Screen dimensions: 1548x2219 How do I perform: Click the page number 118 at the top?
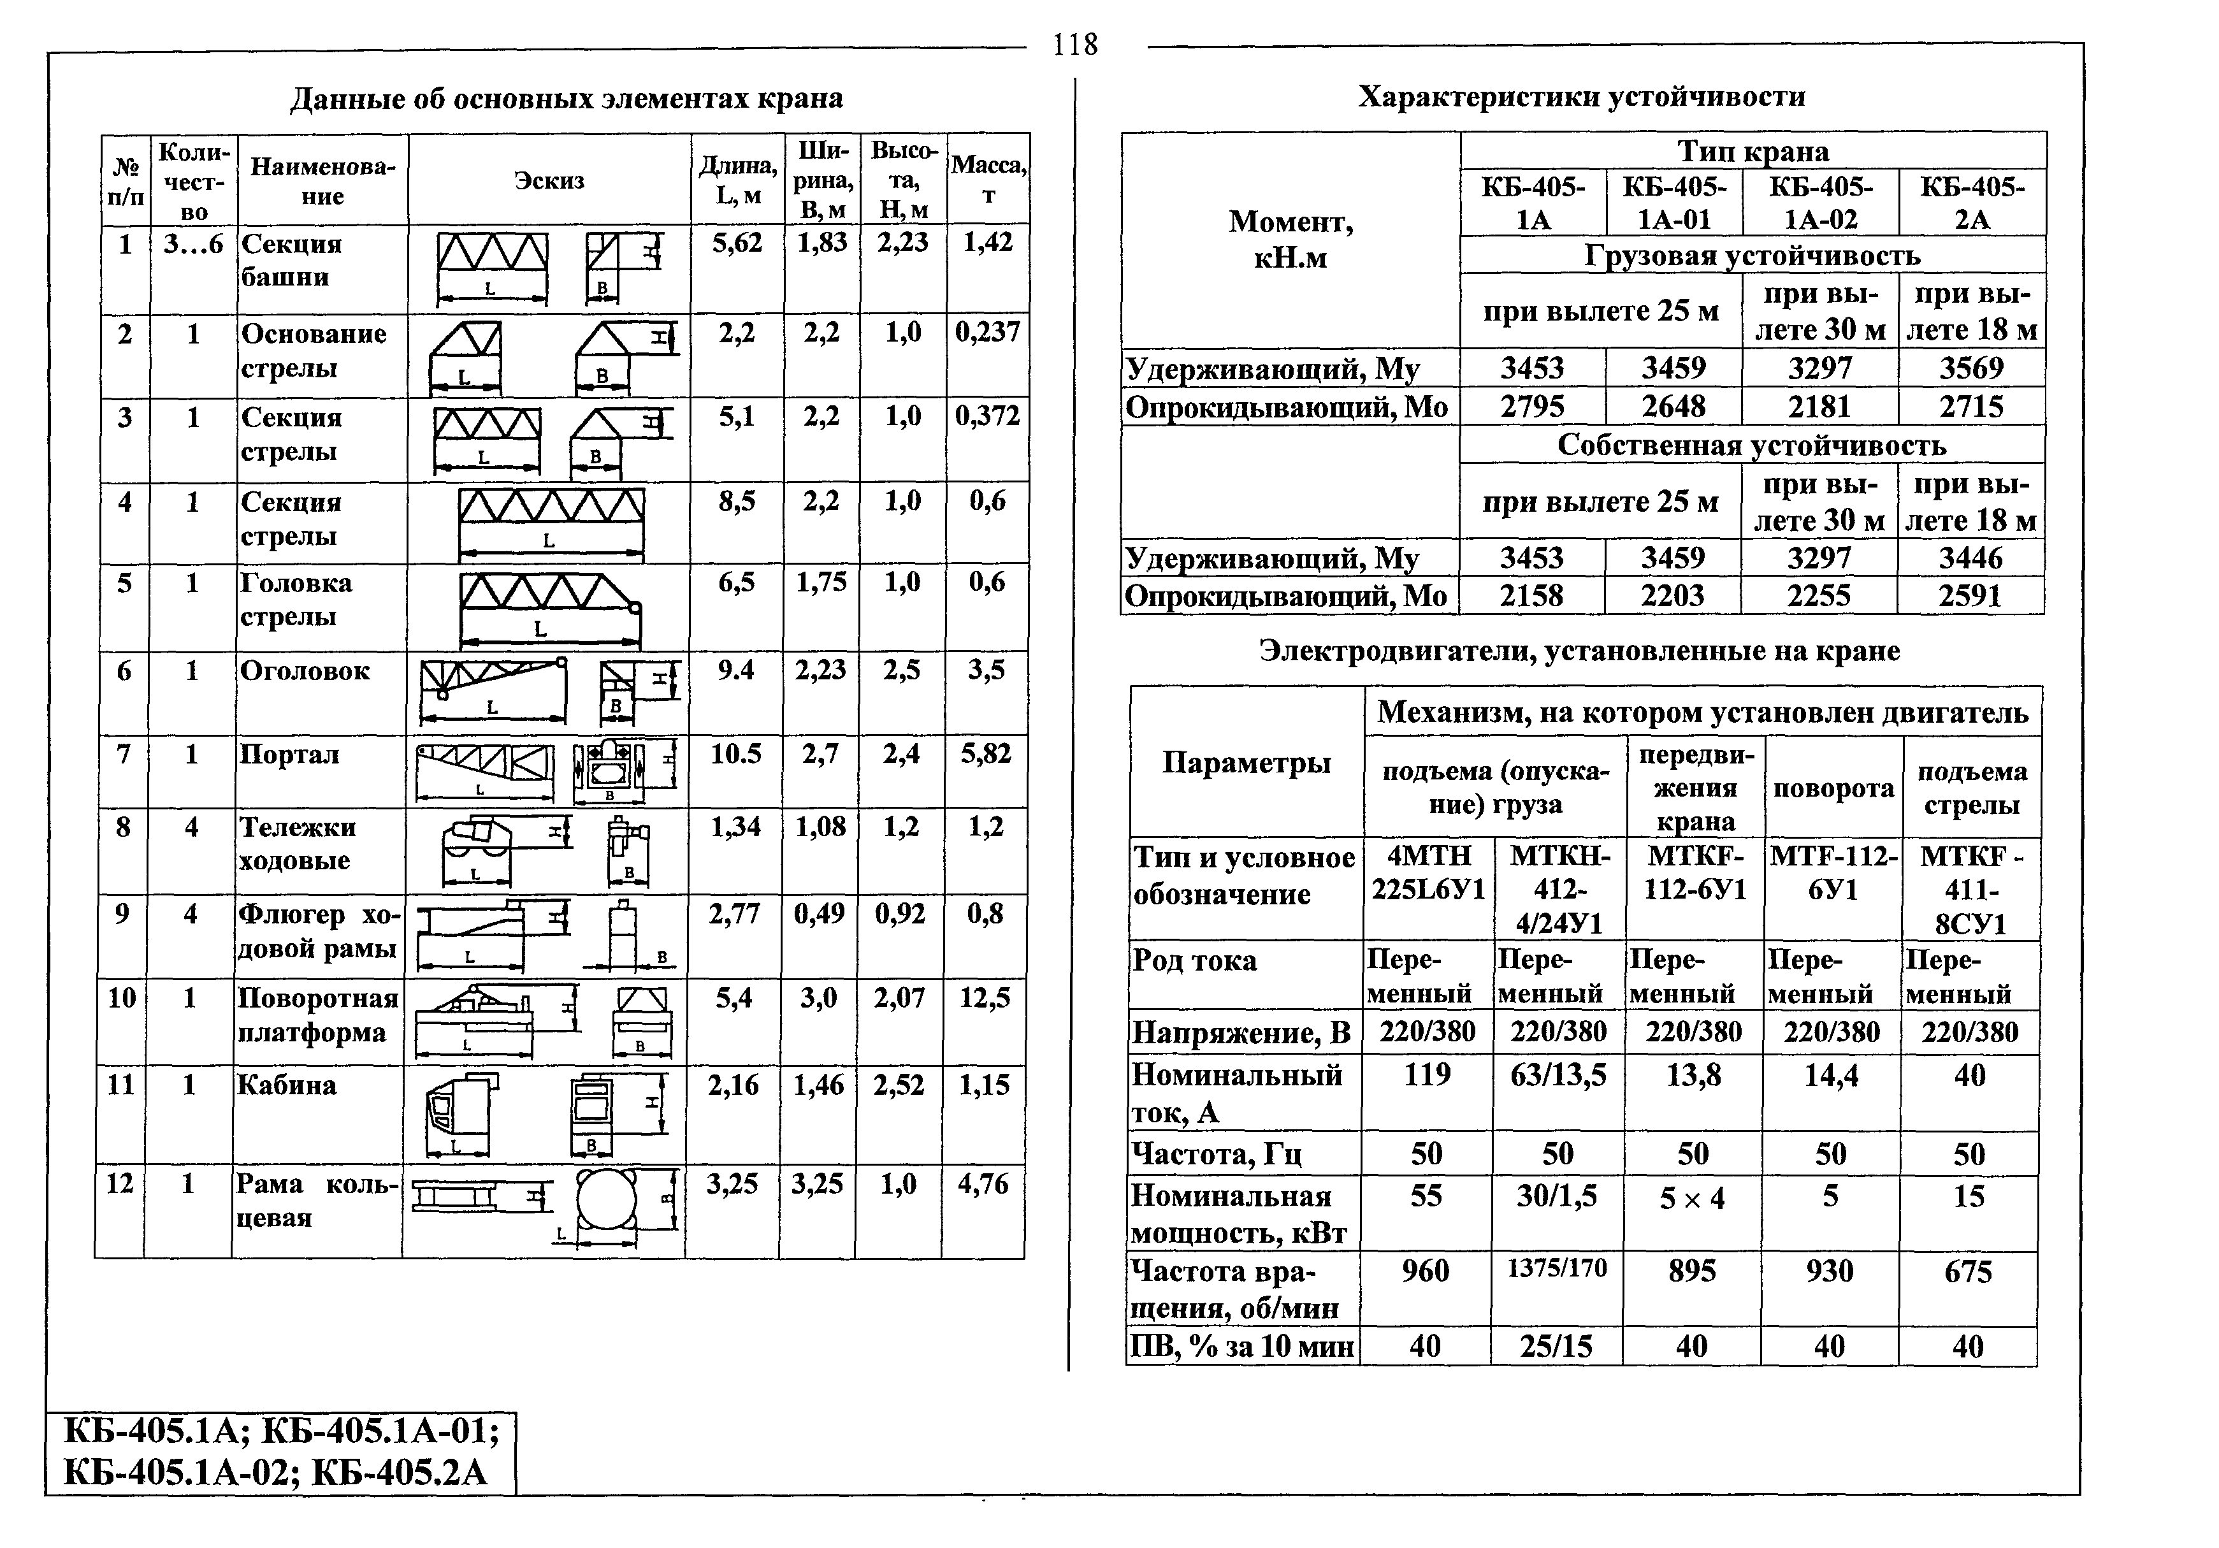pyautogui.click(x=1074, y=45)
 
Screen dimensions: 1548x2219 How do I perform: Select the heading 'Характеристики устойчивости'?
pyautogui.click(x=1581, y=97)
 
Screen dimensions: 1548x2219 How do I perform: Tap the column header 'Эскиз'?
pyautogui.click(x=549, y=181)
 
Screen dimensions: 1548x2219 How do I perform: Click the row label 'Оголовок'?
pyautogui.click(x=305, y=670)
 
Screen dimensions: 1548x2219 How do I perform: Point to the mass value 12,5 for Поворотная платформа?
pyautogui.click(x=984, y=997)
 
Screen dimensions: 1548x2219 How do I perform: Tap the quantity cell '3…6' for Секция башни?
pyautogui.click(x=193, y=245)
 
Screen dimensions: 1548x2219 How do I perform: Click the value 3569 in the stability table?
pyautogui.click(x=1972, y=368)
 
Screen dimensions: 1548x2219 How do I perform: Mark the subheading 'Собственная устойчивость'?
pyautogui.click(x=1751, y=445)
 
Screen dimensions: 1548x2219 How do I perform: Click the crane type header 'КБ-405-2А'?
pyautogui.click(x=1972, y=202)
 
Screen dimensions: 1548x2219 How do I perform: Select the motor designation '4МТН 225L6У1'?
pyautogui.click(x=1428, y=872)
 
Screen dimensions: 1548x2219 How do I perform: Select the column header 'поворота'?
pyautogui.click(x=1832, y=788)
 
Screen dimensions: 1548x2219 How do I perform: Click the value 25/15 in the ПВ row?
pyautogui.click(x=1556, y=1346)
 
